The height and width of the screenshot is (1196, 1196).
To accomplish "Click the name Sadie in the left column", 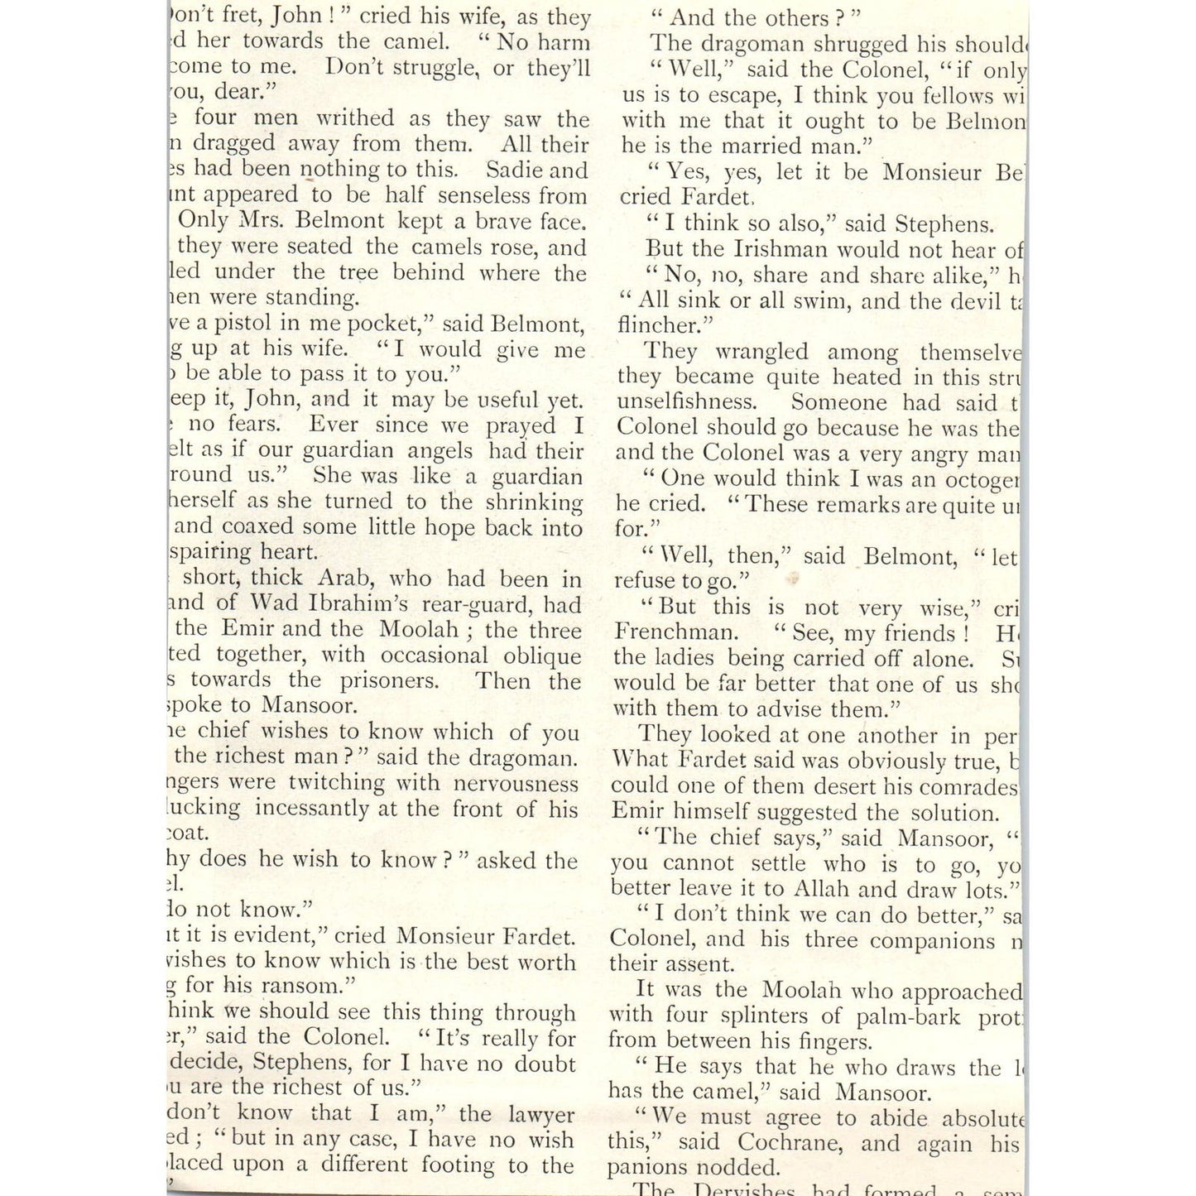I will pyautogui.click(x=513, y=171).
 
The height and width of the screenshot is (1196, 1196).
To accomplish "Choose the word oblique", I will pyautogui.click(x=541, y=656).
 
